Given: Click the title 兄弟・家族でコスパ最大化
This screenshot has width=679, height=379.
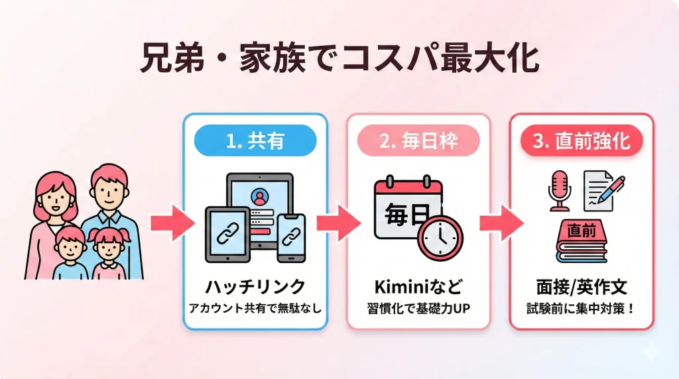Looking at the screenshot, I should coord(339,59).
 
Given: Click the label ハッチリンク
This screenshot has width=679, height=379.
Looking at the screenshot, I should coord(255,287).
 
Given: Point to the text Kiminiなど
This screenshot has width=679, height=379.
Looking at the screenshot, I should coord(418,287).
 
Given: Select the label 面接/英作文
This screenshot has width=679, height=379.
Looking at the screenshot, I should coord(582,287).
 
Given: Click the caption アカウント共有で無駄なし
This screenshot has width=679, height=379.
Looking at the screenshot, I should coord(255,307).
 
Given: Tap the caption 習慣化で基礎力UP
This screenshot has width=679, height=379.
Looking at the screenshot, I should coord(418,307).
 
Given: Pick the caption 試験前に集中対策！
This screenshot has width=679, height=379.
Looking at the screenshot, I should coord(582,307).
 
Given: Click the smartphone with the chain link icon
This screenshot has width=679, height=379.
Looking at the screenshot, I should coord(291,237).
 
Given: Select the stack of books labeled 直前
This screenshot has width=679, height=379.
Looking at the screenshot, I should coord(582,242).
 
